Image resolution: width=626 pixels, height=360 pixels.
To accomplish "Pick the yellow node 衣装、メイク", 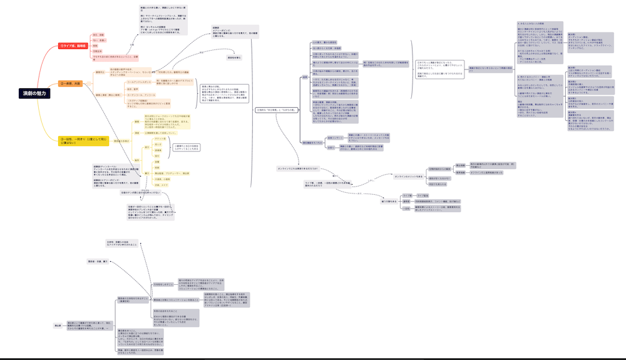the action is click(x=163, y=185).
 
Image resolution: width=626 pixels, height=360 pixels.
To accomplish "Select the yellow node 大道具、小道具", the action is click(x=163, y=179).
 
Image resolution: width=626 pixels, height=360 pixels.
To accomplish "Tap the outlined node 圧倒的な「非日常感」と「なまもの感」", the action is click(x=275, y=111).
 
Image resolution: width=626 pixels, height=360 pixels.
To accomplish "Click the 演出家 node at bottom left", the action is click(x=58, y=325).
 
